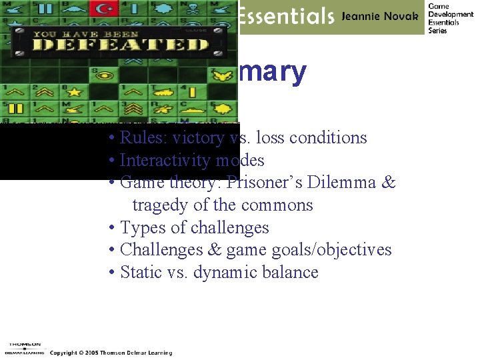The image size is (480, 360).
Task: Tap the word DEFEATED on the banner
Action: point(121,45)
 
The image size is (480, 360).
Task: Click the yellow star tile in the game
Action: point(74,91)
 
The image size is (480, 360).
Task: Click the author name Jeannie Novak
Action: point(379,16)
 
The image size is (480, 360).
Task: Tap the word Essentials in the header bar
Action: point(286,16)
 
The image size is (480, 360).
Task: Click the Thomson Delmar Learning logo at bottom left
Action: point(23,346)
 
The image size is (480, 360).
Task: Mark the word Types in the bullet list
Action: point(143,228)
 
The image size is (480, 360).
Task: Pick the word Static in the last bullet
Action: point(140,273)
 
